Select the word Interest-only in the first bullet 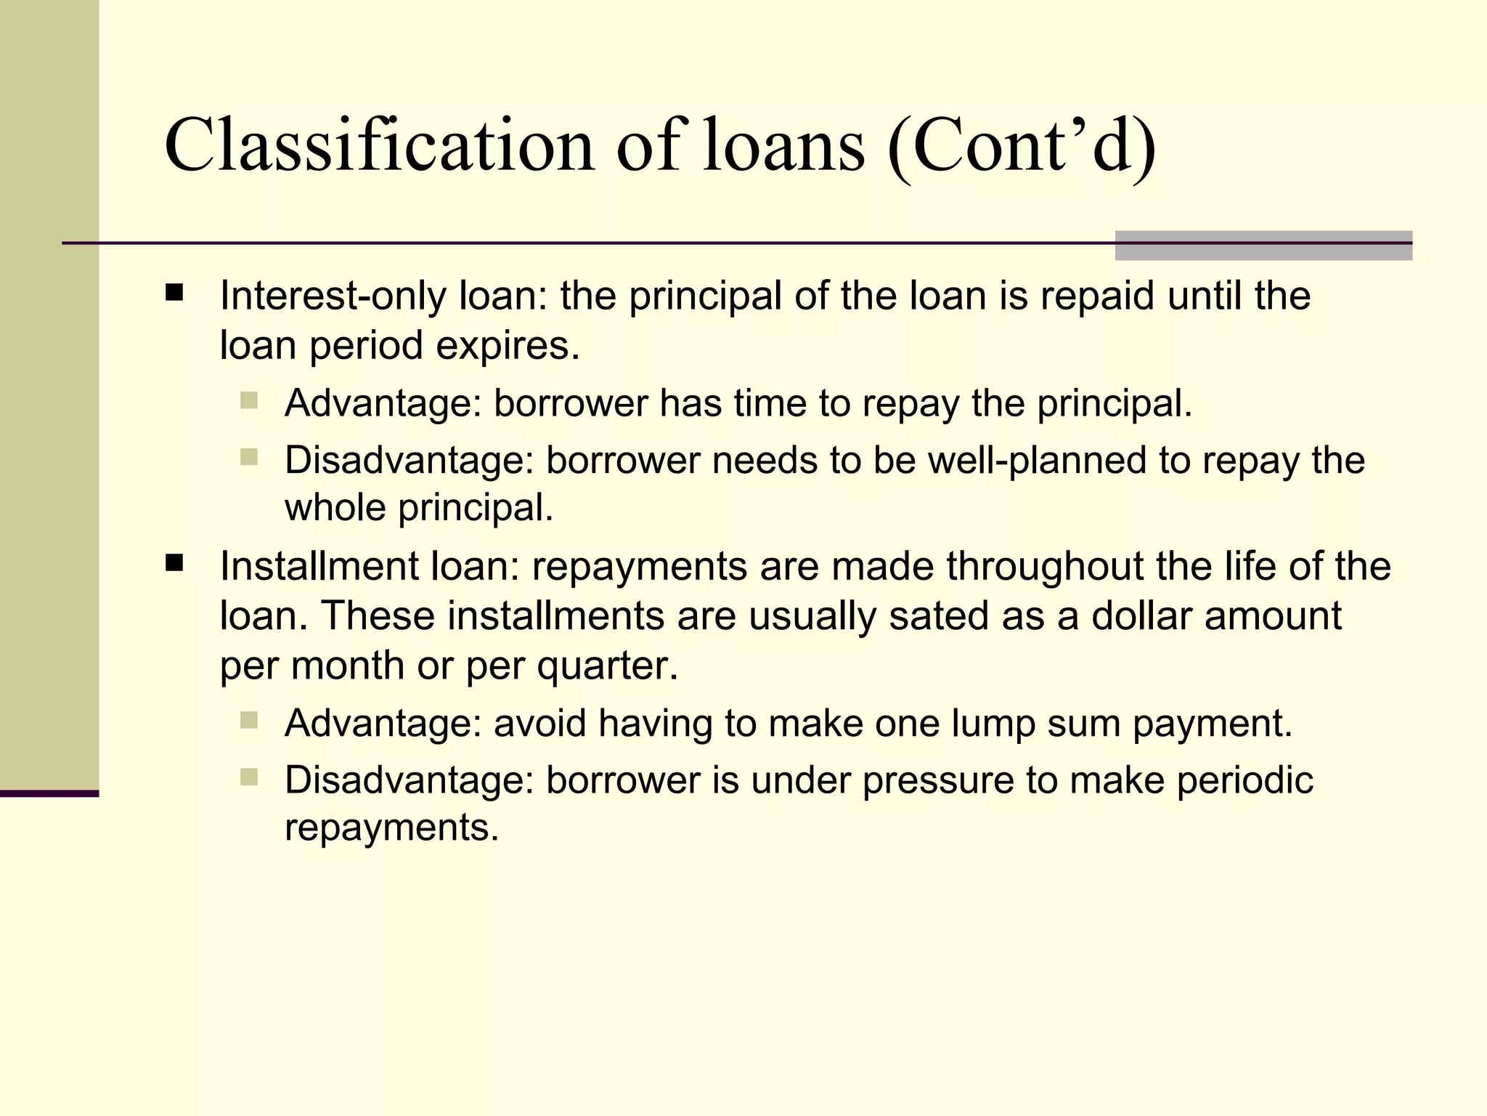pos(333,296)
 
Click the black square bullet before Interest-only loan pos(174,293)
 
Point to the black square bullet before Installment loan pos(174,564)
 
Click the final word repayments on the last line pos(391,828)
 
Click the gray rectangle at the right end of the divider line pos(1263,246)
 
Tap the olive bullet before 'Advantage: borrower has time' pos(249,400)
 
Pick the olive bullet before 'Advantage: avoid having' pos(249,721)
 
